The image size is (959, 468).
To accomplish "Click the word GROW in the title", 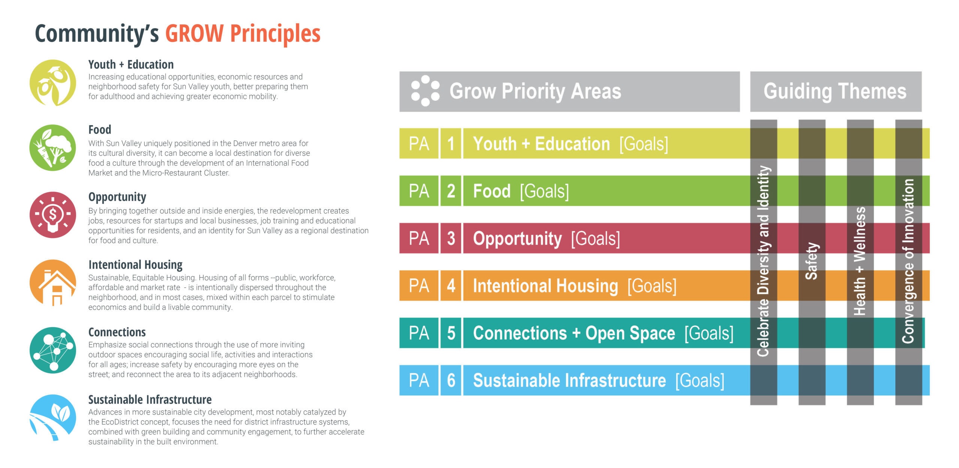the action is tap(194, 33).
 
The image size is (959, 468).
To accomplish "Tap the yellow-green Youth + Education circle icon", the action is tap(53, 83).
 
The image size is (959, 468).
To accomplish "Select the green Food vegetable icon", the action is tap(53, 148).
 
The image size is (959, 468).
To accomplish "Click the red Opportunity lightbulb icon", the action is tap(53, 215).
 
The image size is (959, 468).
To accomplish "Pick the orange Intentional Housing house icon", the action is tap(53, 283).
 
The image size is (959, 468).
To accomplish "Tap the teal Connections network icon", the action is tap(53, 350).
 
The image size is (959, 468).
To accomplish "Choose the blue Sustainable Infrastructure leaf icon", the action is tap(53, 417).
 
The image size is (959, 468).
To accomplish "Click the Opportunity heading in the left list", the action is tap(117, 197).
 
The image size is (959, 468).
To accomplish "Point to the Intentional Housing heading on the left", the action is tap(135, 265).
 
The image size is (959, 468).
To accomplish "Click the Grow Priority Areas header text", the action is tap(535, 91).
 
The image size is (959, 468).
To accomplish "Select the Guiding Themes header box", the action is tap(836, 91).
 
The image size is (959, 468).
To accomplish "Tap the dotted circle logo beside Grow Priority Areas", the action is tap(425, 91).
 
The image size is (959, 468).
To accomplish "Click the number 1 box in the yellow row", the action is tap(451, 144).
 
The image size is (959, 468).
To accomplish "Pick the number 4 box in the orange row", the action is tap(451, 286).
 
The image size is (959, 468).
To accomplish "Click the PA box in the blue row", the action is tap(419, 380).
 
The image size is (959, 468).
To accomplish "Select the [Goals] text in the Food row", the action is tap(544, 191).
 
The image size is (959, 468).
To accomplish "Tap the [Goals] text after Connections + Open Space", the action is tap(709, 333).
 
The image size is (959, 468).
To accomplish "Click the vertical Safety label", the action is tap(812, 261).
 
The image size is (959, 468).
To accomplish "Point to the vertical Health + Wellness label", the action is tap(860, 261).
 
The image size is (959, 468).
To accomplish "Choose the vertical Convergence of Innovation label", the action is tap(908, 261).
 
